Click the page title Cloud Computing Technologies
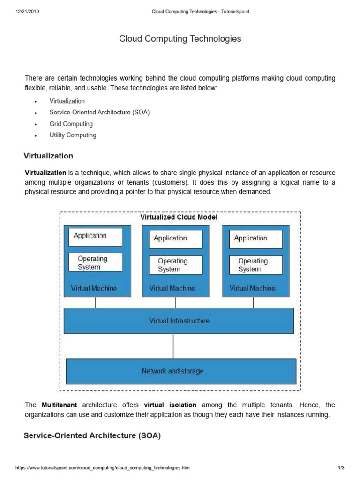(x=180, y=39)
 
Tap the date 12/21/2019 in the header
(x=27, y=12)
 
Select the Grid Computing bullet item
(x=71, y=124)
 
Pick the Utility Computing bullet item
(x=73, y=135)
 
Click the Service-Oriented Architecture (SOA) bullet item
(x=99, y=112)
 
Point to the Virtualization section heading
(x=48, y=156)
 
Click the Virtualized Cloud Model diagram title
(x=179, y=217)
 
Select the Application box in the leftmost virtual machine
(x=96, y=236)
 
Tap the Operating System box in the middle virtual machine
(x=176, y=265)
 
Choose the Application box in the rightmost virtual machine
(x=256, y=239)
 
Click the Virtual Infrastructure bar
(x=179, y=321)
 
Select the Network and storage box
(x=181, y=371)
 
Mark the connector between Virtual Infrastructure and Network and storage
(x=173, y=346)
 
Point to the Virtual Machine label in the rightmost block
(x=252, y=288)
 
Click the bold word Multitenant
(x=60, y=405)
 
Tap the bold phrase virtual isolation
(x=170, y=405)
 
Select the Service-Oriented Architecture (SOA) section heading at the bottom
(x=92, y=435)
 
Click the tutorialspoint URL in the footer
(x=103, y=468)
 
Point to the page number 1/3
(x=341, y=468)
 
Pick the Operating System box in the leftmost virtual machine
(x=96, y=262)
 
